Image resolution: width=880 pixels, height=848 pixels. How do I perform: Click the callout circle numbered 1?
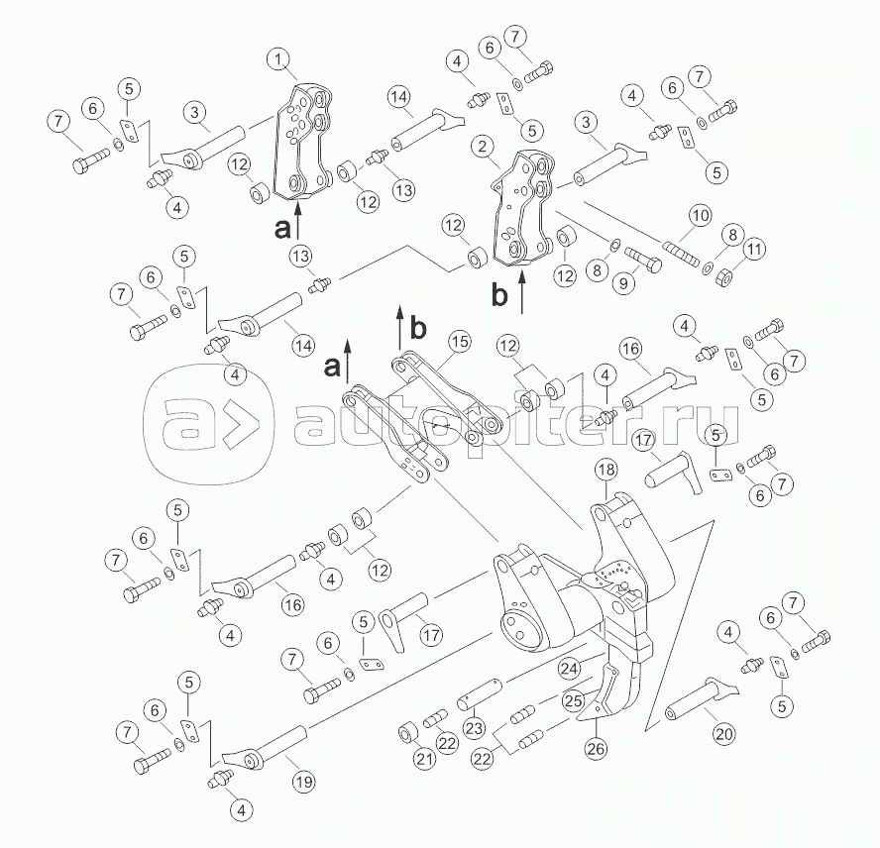pyautogui.click(x=278, y=58)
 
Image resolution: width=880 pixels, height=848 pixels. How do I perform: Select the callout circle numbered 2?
pyautogui.click(x=482, y=148)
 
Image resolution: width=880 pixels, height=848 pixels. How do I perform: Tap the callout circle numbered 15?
pyautogui.click(x=460, y=342)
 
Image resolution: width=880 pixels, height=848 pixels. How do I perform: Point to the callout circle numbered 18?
pyautogui.click(x=606, y=470)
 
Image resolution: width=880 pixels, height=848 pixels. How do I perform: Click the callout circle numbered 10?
pyautogui.click(x=700, y=216)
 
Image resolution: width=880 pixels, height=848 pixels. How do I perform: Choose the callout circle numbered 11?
pyautogui.click(x=755, y=249)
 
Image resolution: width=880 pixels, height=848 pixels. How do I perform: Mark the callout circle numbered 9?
pyautogui.click(x=623, y=283)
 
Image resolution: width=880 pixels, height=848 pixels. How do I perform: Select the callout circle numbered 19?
pyautogui.click(x=303, y=782)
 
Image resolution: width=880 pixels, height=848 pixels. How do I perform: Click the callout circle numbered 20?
pyautogui.click(x=724, y=734)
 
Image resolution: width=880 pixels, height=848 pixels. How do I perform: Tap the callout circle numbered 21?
pyautogui.click(x=425, y=759)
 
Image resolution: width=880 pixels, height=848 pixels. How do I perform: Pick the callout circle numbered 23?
pyautogui.click(x=474, y=727)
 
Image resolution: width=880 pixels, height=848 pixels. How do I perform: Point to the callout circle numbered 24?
pyautogui.click(x=570, y=668)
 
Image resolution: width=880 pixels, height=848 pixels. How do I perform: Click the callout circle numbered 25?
pyautogui.click(x=574, y=700)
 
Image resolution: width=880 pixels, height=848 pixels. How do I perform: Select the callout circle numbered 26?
pyautogui.click(x=596, y=748)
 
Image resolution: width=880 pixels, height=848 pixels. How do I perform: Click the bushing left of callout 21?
pyautogui.click(x=406, y=734)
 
